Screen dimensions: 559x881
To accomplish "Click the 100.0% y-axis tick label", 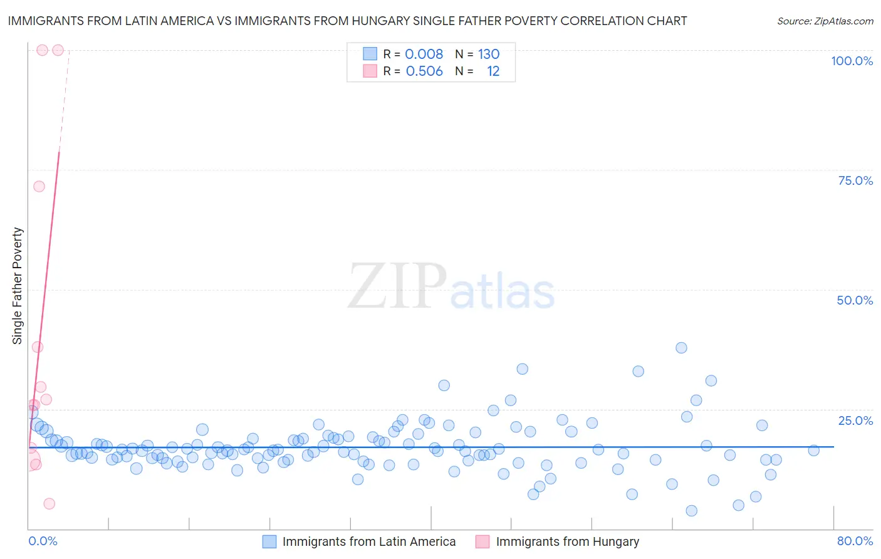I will [x=852, y=61].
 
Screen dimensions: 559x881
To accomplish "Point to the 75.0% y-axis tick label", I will [x=855, y=180].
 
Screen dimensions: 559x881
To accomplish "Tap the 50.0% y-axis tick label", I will [x=855, y=300].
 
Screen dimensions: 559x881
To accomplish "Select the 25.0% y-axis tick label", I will [x=855, y=421].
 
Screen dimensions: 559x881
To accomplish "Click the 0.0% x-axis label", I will [x=43, y=541].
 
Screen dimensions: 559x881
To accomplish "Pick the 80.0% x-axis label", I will [x=855, y=541].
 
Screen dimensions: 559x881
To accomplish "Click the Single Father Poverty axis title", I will [x=18, y=285].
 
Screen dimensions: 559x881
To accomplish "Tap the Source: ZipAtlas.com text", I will [x=825, y=21].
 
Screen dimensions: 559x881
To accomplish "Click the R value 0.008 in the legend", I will [x=424, y=55].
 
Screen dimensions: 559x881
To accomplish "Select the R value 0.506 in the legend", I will [x=424, y=71].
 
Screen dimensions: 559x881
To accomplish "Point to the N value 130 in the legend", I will [x=489, y=55].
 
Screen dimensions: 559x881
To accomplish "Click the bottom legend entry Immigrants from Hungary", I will [x=567, y=541].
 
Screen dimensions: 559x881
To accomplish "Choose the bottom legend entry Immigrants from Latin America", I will [x=368, y=541].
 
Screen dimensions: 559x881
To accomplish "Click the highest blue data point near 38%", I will [x=681, y=348].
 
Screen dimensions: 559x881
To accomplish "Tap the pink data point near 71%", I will [x=39, y=186].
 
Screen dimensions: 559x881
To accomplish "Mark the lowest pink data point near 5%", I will [x=49, y=504].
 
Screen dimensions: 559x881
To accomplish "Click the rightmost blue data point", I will [x=813, y=450].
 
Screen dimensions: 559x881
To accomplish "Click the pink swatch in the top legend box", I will [x=370, y=71].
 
